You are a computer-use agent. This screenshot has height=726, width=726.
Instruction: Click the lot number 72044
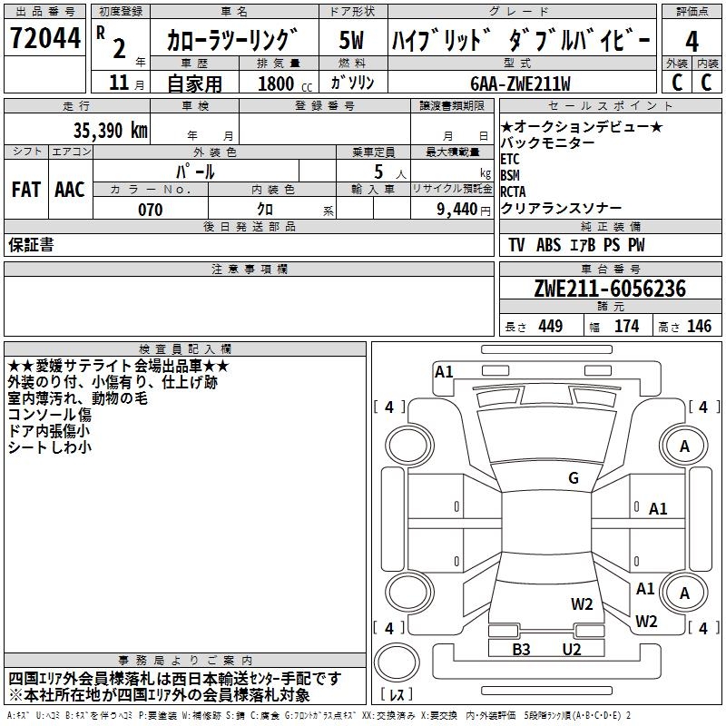(x=43, y=39)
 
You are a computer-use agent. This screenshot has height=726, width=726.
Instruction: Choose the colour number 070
(x=150, y=210)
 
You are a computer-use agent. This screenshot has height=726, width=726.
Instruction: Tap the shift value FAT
(x=25, y=190)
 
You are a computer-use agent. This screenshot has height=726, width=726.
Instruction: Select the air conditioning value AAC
(x=70, y=190)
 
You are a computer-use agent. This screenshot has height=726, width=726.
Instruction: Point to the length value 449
(x=549, y=327)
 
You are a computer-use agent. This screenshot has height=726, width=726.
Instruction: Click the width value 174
(x=626, y=327)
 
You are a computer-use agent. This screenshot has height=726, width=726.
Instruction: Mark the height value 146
(x=698, y=327)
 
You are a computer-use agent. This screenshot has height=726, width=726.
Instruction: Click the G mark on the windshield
(x=574, y=478)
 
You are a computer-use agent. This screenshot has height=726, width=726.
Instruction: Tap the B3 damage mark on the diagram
(x=522, y=649)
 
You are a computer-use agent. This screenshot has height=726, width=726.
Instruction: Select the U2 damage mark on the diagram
(x=571, y=649)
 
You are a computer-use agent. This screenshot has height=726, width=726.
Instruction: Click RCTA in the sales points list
(x=513, y=191)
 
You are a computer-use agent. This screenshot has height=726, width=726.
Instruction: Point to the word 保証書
(x=31, y=244)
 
